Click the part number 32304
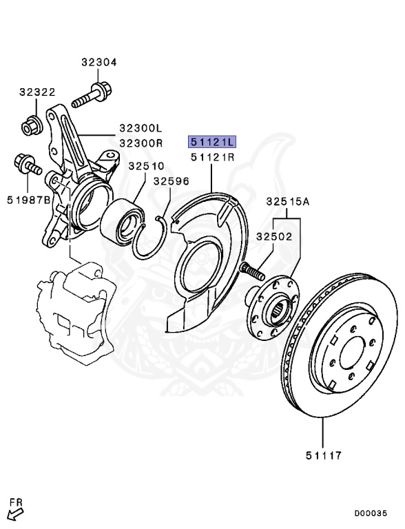tap(98, 62)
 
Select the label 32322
tap(37, 92)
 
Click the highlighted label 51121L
tap(213, 143)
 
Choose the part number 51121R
tap(213, 158)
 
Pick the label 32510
tap(145, 166)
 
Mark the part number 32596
tap(171, 182)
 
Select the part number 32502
tap(274, 236)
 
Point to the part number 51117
tap(323, 455)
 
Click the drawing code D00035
tap(375, 513)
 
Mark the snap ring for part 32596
tap(154, 238)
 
